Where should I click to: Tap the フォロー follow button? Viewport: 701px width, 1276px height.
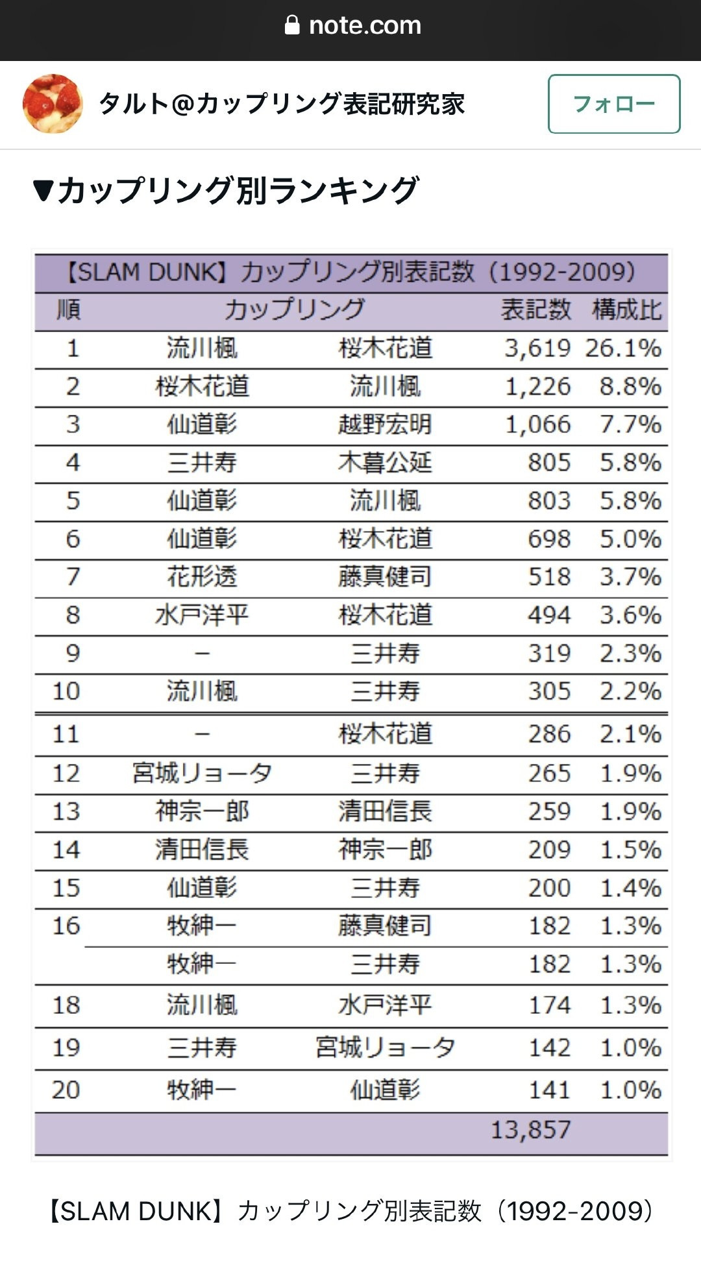[x=614, y=104]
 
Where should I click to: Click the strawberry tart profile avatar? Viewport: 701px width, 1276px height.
[x=53, y=104]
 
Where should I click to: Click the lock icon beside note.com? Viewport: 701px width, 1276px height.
[x=292, y=25]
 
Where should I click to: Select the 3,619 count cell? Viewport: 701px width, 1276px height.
[x=537, y=349]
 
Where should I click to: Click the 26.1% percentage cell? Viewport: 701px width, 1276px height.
[x=623, y=349]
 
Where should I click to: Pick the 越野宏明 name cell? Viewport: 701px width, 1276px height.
[x=385, y=424]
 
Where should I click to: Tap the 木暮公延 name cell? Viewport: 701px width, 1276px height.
[x=385, y=463]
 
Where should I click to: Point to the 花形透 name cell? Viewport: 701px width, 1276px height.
[x=202, y=576]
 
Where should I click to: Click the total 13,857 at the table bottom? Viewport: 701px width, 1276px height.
[x=530, y=1130]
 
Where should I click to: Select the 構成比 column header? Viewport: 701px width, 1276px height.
[x=626, y=310]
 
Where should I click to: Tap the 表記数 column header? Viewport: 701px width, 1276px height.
[x=535, y=310]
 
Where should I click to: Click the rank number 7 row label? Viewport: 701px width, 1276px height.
[x=73, y=576]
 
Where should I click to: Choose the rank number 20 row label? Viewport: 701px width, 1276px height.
[x=66, y=1090]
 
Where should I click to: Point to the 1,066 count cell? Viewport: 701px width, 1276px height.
[x=537, y=424]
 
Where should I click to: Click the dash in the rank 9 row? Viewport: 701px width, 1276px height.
[x=203, y=654]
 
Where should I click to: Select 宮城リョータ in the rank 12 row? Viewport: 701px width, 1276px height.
[x=202, y=773]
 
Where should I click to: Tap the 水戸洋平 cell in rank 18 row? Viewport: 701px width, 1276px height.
[x=385, y=1005]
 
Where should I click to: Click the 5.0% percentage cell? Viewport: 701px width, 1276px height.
[x=630, y=539]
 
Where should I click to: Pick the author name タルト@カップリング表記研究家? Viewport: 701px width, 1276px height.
[x=282, y=104]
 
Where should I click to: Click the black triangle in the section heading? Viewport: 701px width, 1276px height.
[x=43, y=191]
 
